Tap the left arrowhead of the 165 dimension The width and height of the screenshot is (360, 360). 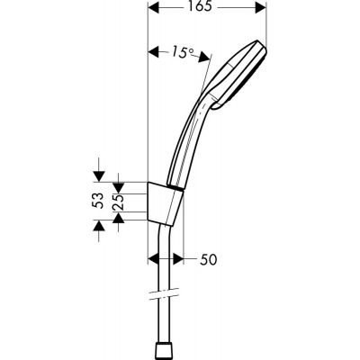(153, 9)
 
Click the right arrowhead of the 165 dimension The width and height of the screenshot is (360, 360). (262, 9)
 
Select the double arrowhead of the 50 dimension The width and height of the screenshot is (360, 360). (190, 260)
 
